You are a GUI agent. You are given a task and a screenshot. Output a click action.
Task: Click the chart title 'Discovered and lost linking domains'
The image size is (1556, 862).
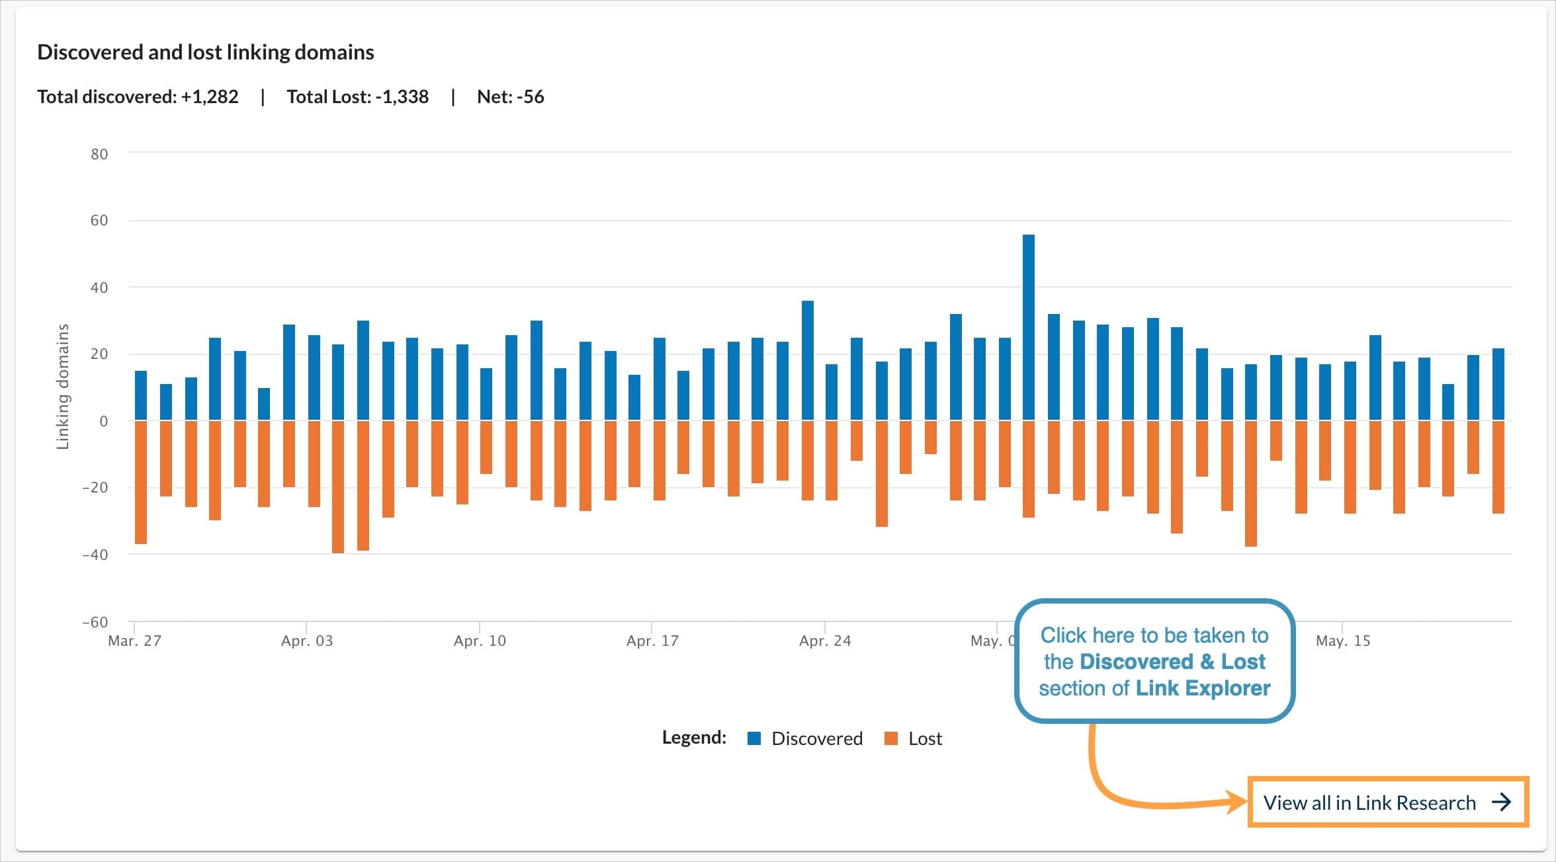point(205,52)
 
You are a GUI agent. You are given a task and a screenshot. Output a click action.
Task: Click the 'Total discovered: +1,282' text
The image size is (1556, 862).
point(138,97)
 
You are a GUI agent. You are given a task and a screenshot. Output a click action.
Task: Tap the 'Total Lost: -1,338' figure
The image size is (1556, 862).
point(357,97)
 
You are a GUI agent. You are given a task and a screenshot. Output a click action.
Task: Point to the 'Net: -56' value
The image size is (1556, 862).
point(510,97)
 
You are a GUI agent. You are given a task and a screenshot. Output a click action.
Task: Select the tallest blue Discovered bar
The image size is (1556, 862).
point(1028,327)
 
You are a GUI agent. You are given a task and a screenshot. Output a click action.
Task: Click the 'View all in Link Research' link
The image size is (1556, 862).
point(1369,803)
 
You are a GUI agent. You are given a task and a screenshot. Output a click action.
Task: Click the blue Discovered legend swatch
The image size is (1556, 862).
point(754,738)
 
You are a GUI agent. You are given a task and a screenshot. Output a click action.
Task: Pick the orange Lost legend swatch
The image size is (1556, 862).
point(891,738)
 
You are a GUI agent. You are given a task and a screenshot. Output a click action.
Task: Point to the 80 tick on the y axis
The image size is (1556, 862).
point(99,154)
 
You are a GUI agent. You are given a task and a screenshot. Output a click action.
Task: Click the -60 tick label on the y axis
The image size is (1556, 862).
point(95,622)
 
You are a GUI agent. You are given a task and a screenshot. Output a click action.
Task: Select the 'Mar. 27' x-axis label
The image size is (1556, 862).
point(134,641)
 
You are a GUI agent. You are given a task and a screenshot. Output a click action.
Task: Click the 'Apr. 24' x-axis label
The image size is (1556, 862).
point(825,641)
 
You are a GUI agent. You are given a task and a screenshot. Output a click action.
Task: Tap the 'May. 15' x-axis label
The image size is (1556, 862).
point(1342,641)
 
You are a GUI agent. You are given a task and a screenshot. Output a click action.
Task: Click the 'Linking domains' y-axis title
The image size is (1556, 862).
point(63,387)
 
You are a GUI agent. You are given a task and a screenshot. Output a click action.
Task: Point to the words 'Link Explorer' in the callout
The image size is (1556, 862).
point(1203,688)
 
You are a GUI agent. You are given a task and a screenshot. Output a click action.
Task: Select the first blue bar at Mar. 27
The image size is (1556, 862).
point(141,395)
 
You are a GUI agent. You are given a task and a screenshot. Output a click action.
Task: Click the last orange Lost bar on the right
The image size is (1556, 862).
point(1498,467)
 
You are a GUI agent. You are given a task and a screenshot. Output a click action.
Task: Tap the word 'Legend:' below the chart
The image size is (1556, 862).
point(694,738)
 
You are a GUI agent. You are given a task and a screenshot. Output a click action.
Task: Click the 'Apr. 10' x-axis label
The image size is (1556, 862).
point(480,641)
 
